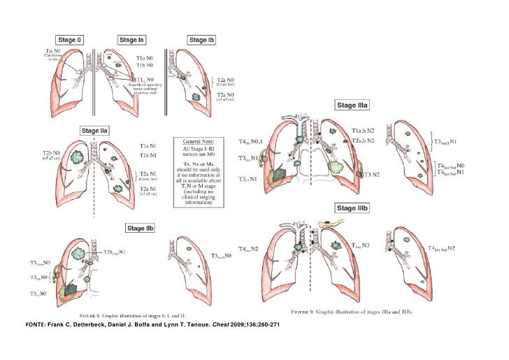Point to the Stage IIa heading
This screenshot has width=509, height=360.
point(94,130)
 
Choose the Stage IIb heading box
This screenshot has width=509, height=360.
point(141,228)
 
